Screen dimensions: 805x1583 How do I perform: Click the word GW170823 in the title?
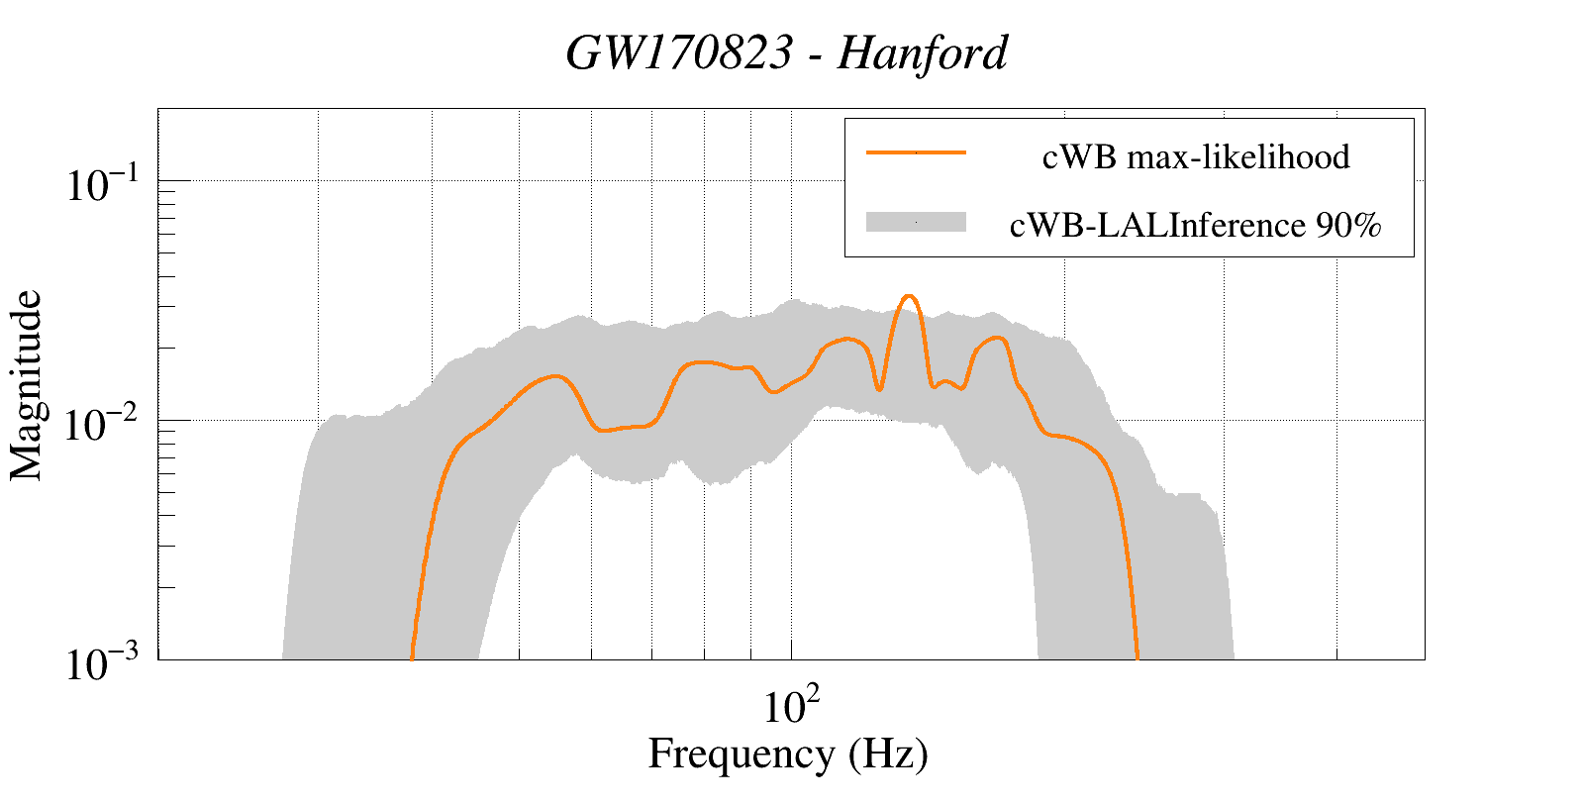pos(679,53)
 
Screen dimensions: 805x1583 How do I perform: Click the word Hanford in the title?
pos(923,53)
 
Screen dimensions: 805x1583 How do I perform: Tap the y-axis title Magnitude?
pos(28,385)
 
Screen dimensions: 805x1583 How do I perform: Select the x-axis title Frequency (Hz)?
pos(788,755)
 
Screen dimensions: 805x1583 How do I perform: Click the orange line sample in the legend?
pos(916,152)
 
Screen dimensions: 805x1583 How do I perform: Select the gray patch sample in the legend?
pos(916,222)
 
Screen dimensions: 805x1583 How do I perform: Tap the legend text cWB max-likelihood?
pos(1196,157)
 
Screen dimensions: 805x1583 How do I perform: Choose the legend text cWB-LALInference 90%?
pos(1195,226)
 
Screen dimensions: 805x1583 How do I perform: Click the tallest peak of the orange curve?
pos(909,296)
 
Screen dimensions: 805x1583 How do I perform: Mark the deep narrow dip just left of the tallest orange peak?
pos(879,389)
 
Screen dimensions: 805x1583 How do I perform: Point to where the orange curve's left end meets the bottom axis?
pos(412,657)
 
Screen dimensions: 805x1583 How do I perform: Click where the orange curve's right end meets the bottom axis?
pos(1138,657)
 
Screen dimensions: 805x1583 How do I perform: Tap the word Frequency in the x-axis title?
pos(741,755)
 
